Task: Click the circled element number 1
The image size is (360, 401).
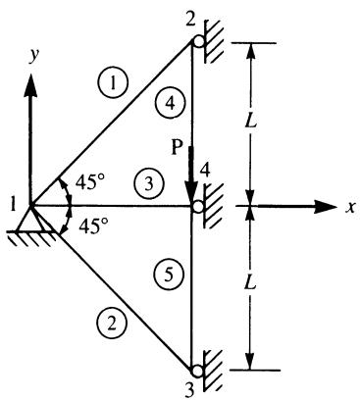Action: [113, 84]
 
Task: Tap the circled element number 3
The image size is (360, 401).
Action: [149, 184]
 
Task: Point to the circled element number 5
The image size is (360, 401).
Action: [169, 276]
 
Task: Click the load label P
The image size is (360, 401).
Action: [177, 148]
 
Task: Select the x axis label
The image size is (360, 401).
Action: [350, 207]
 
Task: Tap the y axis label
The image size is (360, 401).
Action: [33, 56]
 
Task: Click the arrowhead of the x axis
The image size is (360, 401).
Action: [325, 207]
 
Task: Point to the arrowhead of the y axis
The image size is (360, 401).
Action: [31, 84]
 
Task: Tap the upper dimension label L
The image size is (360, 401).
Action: [251, 122]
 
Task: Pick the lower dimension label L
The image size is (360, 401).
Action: [250, 283]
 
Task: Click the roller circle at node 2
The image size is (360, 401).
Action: [198, 41]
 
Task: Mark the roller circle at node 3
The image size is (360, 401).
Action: [197, 372]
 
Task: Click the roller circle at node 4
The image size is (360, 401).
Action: [197, 207]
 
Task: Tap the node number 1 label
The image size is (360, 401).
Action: [14, 206]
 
